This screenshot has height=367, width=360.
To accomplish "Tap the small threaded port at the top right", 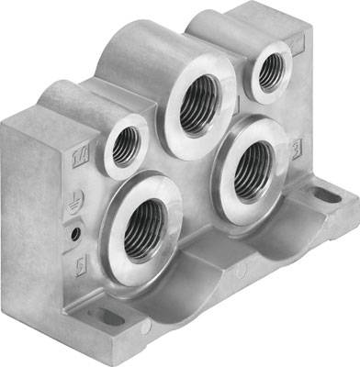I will pyautogui.click(x=271, y=72).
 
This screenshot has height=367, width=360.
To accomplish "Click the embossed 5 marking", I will pyautogui.click(x=80, y=267).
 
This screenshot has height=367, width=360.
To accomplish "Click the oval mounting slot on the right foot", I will pyautogui.click(x=324, y=195).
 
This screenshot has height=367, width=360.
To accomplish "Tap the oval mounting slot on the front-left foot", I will pyautogui.click(x=108, y=317).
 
